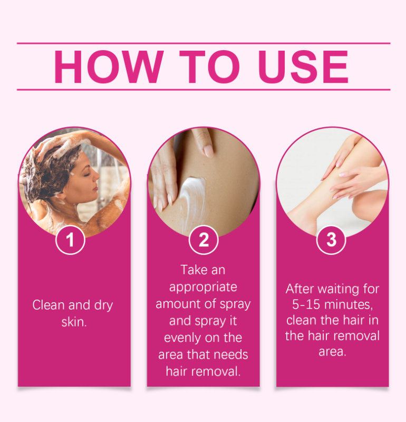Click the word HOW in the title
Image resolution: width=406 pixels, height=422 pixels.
(109, 67)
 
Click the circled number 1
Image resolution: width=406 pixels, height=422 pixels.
(70, 240)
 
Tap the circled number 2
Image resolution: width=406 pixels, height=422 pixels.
(204, 240)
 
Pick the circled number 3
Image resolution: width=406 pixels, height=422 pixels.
(332, 240)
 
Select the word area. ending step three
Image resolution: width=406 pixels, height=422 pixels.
(332, 352)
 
